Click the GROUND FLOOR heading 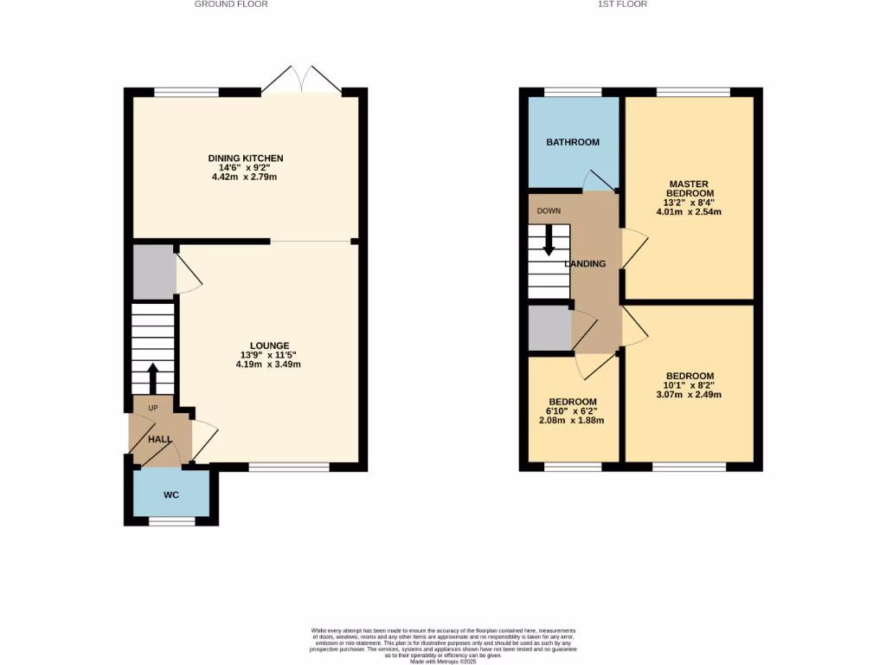pos(231,4)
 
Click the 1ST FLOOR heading pos(622,4)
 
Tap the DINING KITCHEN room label pos(246,158)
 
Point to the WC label pos(170,495)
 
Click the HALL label pos(159,439)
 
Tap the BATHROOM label pos(572,142)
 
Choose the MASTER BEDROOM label pos(689,189)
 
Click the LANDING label pos(586,264)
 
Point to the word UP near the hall pos(153,408)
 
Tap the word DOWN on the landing pos(549,210)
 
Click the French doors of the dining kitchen pos(301,80)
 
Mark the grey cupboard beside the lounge pos(153,272)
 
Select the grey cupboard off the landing pos(549,328)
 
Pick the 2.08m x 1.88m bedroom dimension pos(571,421)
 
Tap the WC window pos(171,521)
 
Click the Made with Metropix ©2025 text pos(443,662)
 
